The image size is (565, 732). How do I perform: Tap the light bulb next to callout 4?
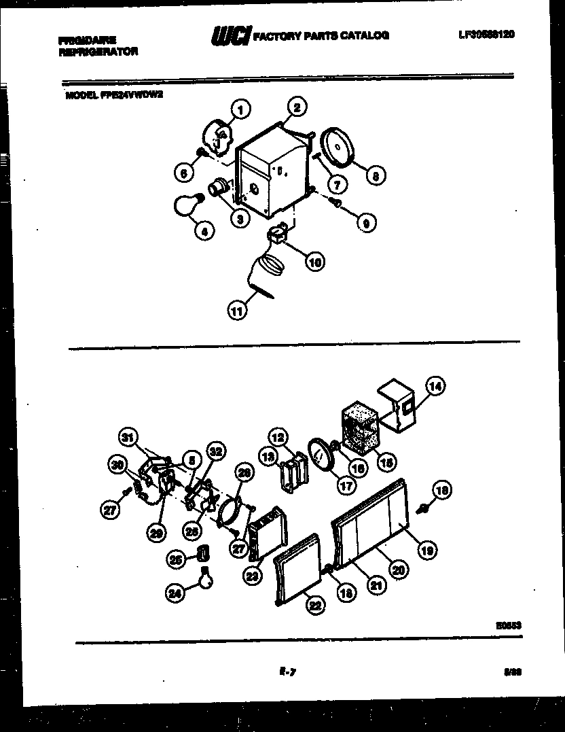[x=187, y=203]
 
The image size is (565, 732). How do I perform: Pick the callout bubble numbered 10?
[x=314, y=261]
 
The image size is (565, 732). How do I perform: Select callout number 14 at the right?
[x=435, y=387]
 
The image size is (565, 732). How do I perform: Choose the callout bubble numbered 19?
[x=427, y=551]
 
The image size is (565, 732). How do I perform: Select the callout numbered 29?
[x=156, y=534]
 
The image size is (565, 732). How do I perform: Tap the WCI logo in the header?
[x=231, y=35]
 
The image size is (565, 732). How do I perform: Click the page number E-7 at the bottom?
[x=285, y=672]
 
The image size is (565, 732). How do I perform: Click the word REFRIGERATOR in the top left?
[x=98, y=51]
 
